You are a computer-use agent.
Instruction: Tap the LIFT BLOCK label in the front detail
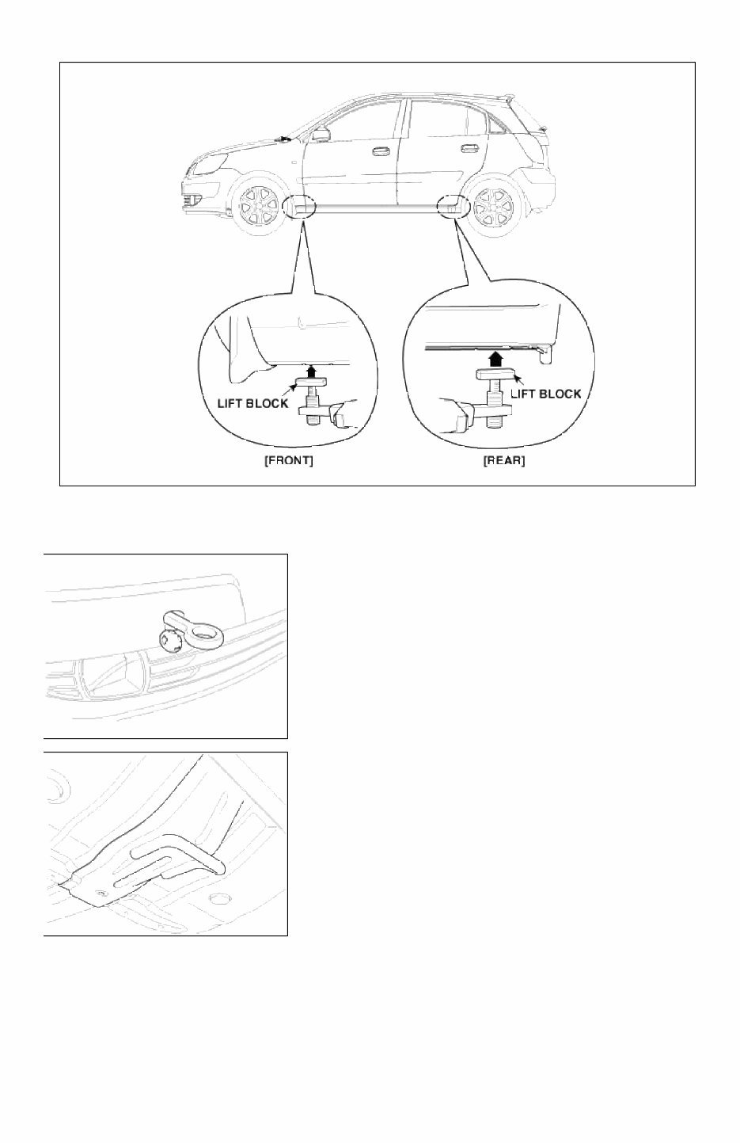coord(252,403)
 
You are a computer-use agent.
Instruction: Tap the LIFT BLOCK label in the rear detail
coord(546,393)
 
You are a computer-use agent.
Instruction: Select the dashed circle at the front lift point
coord(299,206)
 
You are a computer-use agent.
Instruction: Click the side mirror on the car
coord(321,135)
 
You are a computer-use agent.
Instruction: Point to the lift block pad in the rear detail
coord(495,375)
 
